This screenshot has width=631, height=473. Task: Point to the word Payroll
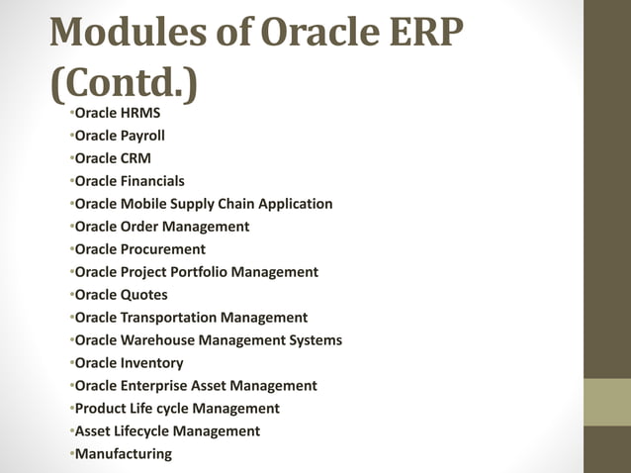(x=142, y=136)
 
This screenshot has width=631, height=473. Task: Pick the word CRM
(x=135, y=158)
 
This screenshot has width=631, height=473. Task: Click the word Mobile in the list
(x=144, y=204)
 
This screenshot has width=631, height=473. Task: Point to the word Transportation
(x=168, y=318)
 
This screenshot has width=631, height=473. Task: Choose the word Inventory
(x=151, y=363)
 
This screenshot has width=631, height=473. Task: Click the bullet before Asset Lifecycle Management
(x=72, y=431)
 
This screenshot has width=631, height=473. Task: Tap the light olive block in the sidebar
(x=606, y=402)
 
